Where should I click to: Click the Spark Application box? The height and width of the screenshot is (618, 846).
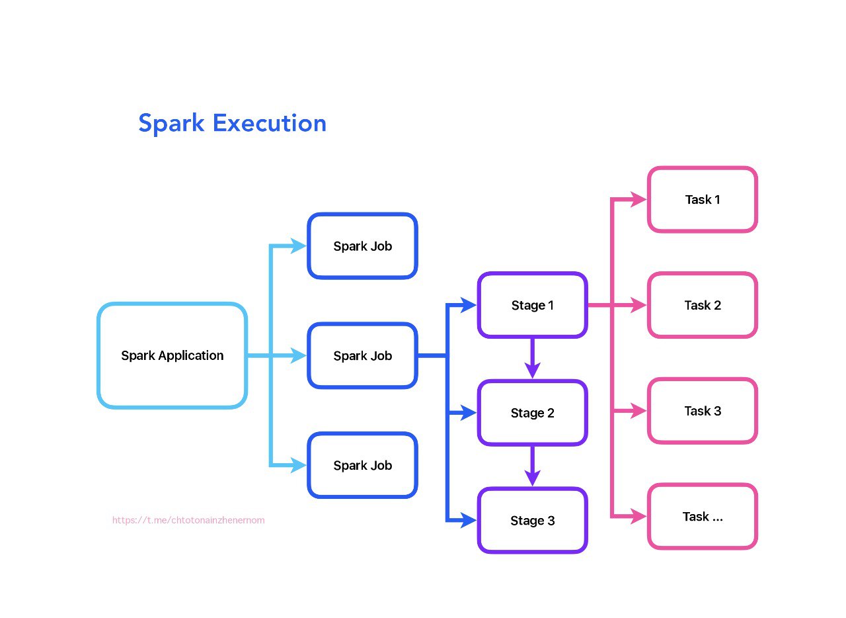tap(172, 355)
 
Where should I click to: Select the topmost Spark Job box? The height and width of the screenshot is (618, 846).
tap(362, 246)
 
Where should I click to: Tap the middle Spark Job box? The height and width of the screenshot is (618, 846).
tap(362, 356)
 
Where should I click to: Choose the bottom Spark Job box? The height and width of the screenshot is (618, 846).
tap(362, 465)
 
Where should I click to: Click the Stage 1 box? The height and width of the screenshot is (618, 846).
tap(532, 305)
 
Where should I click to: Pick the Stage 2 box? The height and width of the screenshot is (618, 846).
tap(532, 413)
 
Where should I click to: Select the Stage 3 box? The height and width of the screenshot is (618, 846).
tap(532, 521)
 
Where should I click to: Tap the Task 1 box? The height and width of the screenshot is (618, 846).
tap(702, 199)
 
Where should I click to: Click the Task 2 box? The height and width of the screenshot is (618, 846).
tap(702, 305)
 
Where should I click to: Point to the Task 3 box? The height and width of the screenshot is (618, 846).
tap(702, 411)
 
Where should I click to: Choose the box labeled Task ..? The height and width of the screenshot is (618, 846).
tap(702, 517)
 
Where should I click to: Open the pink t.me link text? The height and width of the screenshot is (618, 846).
tap(188, 520)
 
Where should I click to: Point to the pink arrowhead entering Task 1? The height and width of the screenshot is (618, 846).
tap(638, 199)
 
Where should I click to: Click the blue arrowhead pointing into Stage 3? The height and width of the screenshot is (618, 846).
tap(469, 521)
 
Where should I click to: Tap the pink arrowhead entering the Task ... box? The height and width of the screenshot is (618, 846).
tap(638, 517)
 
